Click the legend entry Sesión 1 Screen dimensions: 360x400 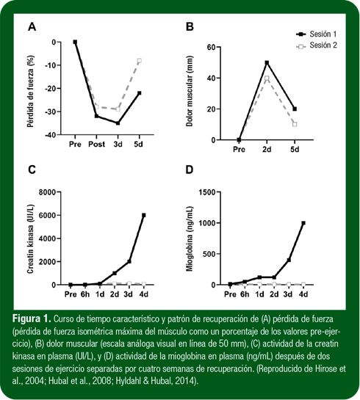pos(317,34)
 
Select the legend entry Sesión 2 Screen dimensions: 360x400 pos(317,46)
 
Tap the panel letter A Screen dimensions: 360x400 pos(32,26)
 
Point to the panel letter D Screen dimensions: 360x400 pos(190,170)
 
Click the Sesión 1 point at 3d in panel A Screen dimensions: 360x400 pos(118,123)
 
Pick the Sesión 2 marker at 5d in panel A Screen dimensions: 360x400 pos(139,61)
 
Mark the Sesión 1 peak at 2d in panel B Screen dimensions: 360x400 pos(267,62)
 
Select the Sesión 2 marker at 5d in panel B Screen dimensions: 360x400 pos(295,125)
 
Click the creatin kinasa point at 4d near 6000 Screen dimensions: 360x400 pos(144,215)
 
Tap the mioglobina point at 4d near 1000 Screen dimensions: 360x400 pos(303,223)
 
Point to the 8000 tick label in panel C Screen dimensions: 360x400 pos(47,192)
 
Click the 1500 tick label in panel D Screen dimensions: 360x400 pos(207,192)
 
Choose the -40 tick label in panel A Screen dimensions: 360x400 pos(50,135)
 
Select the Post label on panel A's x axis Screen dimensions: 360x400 pos(96,145)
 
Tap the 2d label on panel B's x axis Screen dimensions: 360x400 pos(267,149)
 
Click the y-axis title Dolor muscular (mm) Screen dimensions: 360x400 pos(190,91)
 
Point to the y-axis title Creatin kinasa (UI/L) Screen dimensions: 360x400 pos(30,239)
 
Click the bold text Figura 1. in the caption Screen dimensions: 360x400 pos(32,319)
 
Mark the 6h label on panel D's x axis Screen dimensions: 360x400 pos(245,294)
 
